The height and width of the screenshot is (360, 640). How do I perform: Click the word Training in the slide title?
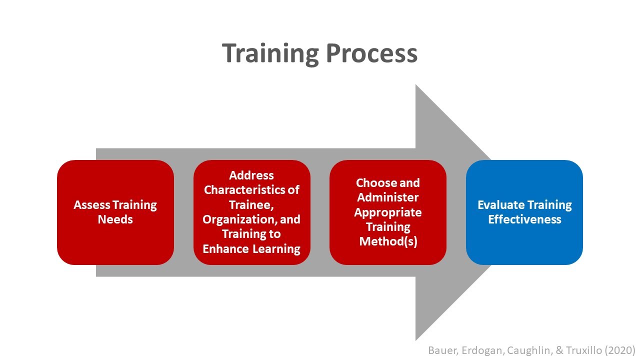[270, 53]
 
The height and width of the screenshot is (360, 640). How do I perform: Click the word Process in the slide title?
[371, 53]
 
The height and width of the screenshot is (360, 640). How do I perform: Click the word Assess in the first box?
[91, 205]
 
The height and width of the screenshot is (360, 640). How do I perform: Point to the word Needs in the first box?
[115, 219]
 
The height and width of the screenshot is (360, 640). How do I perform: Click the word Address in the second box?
[251, 175]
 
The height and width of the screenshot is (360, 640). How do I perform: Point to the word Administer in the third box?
[388, 197]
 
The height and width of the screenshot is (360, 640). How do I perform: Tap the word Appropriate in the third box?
[388, 212]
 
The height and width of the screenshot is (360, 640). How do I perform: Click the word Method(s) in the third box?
[388, 241]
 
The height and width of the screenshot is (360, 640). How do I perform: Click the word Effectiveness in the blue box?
[524, 219]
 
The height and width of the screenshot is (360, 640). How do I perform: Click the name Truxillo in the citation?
[586, 350]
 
